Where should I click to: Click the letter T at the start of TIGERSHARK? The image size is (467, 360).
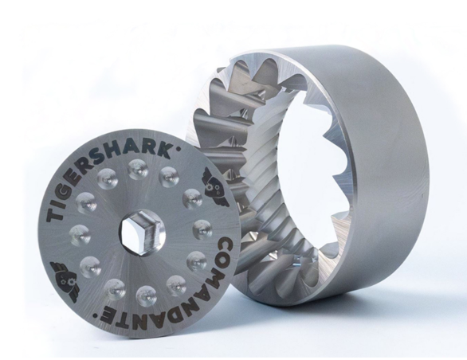(x=55, y=213)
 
